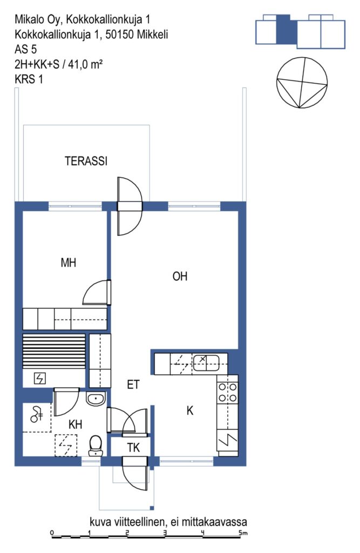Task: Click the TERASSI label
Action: click(x=86, y=161)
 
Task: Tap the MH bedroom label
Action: click(x=69, y=262)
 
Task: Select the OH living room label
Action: click(x=180, y=276)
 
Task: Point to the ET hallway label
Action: click(x=133, y=384)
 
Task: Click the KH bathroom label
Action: click(x=76, y=424)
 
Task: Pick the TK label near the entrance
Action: click(x=133, y=448)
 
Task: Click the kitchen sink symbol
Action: click(x=206, y=362)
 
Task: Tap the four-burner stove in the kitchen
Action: click(x=227, y=393)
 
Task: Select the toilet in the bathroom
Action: click(x=95, y=446)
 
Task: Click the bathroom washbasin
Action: click(x=96, y=399)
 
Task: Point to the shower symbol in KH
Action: click(x=36, y=414)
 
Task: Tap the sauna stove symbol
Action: click(x=39, y=379)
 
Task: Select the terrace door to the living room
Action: click(x=130, y=206)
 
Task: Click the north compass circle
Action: click(x=302, y=83)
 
